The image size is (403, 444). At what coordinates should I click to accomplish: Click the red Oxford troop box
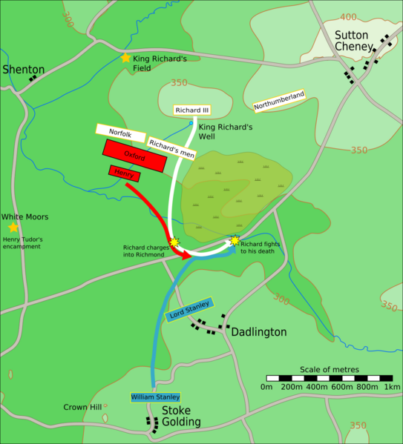point(135,157)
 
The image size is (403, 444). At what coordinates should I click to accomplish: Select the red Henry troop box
point(124,173)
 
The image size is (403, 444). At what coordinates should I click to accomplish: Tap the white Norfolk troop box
point(120,131)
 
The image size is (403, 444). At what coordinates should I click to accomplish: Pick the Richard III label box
point(192,110)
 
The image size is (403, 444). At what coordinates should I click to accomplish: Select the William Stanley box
point(155,397)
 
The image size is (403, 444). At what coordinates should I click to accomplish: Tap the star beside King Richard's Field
point(125,58)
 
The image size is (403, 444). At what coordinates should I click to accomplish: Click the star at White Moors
point(13,228)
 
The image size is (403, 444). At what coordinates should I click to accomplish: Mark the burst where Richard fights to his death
point(235,240)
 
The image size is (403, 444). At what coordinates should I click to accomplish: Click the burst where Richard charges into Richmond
point(174,242)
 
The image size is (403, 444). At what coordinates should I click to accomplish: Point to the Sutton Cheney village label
point(356,41)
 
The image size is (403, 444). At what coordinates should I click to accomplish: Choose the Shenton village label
point(24,70)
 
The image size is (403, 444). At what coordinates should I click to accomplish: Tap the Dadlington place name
point(258,332)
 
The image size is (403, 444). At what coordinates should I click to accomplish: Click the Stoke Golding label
point(182,415)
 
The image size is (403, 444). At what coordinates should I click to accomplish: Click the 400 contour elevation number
point(347,16)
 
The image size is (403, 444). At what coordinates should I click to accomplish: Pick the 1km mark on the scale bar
point(392,387)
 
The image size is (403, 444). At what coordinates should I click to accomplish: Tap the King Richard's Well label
point(226,132)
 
